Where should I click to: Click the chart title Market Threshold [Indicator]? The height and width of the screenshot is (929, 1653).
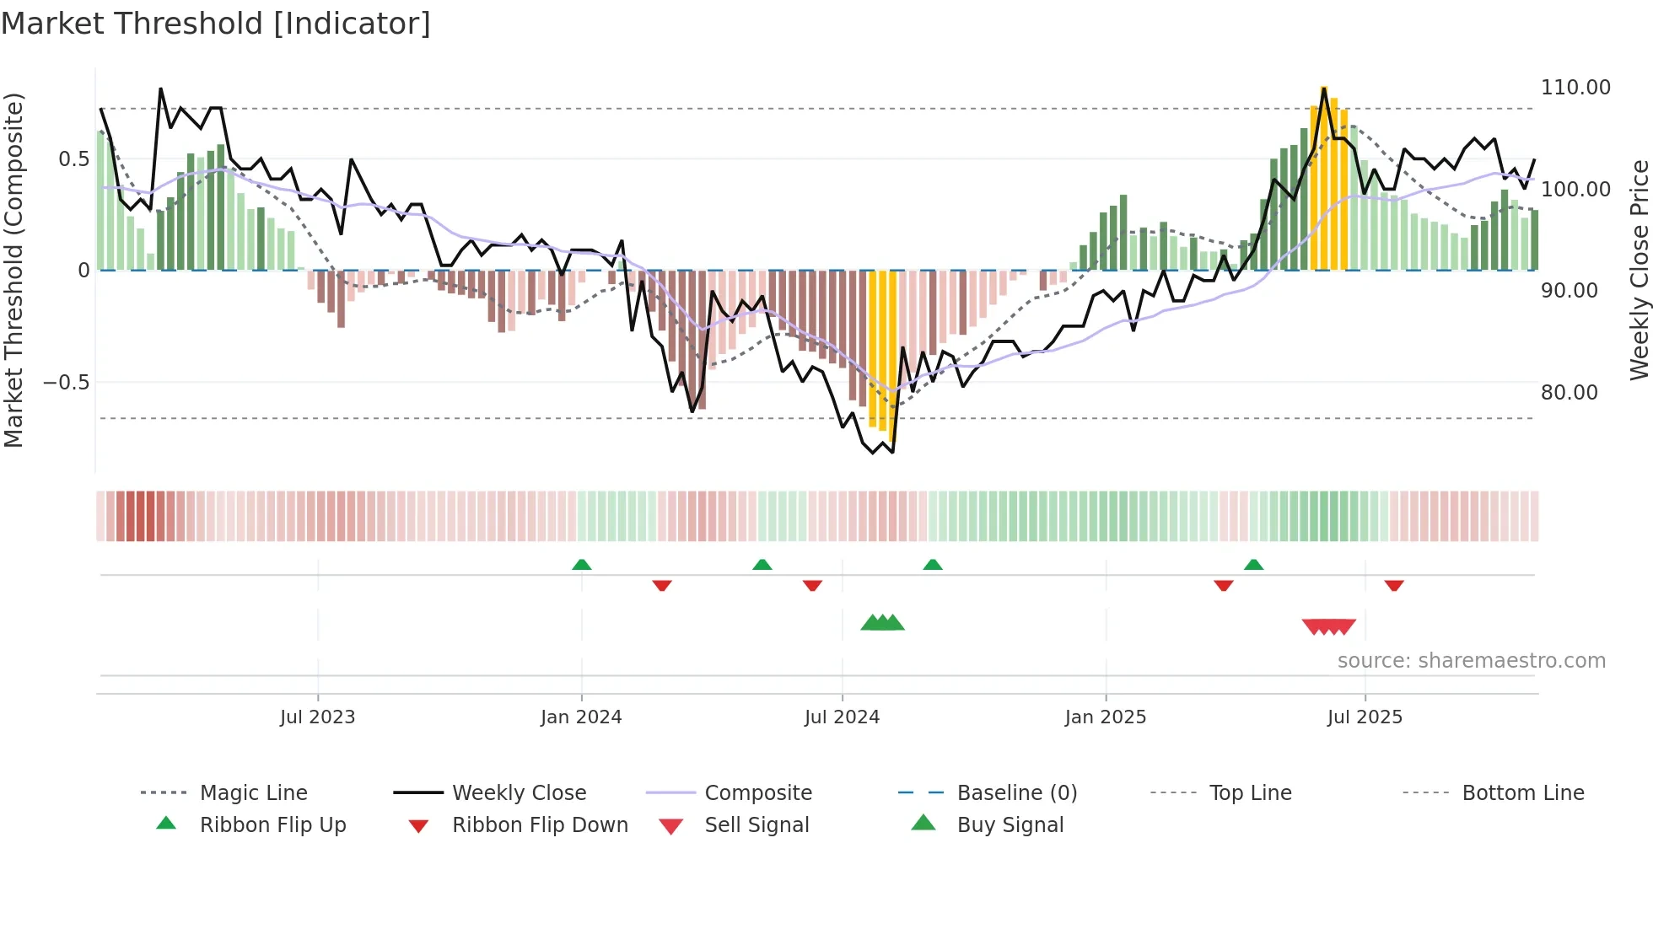(216, 24)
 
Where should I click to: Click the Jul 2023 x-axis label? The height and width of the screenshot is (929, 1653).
(317, 717)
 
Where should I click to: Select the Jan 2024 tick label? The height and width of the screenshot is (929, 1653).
(581, 717)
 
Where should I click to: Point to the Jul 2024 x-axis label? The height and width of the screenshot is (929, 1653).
(842, 717)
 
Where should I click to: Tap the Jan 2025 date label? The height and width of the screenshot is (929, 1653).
(1106, 717)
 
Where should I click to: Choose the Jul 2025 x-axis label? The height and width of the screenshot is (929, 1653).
(1365, 717)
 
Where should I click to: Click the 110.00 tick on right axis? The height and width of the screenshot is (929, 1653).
(1575, 88)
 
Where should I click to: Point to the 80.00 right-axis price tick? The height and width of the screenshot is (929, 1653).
(1569, 393)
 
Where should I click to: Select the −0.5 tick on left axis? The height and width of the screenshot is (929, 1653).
(67, 383)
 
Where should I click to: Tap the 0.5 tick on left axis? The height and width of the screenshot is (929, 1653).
(73, 159)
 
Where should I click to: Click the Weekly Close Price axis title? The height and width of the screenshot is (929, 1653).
(1639, 270)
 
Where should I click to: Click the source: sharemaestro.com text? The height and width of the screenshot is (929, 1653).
(1471, 661)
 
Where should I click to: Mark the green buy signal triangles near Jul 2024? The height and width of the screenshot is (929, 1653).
(882, 623)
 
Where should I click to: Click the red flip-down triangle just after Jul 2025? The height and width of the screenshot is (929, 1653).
(1393, 585)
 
